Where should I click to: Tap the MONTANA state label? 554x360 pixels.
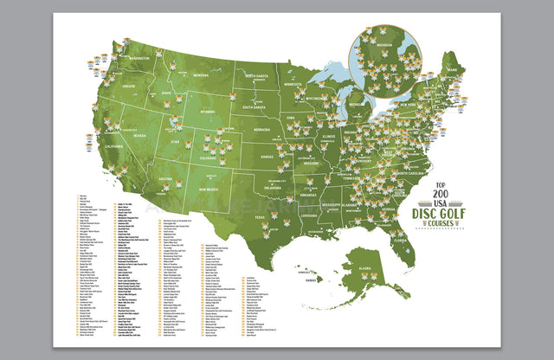[x=202, y=75]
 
